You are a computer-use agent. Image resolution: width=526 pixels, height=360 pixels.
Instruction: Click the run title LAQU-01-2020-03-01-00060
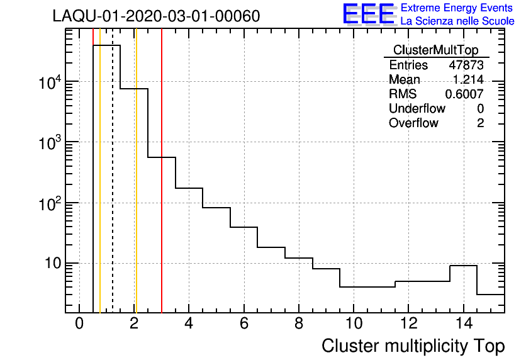[156, 16]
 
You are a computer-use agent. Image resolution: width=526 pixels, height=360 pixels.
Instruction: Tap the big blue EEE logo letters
[368, 14]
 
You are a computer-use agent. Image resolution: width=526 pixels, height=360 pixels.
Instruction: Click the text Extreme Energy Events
[457, 8]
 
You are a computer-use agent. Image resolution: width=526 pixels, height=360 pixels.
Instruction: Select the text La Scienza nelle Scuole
[457, 21]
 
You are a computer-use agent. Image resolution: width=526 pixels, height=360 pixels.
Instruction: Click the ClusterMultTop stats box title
[435, 50]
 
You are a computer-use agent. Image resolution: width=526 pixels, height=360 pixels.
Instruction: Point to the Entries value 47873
[466, 65]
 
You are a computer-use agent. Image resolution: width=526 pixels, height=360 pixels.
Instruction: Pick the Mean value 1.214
[468, 80]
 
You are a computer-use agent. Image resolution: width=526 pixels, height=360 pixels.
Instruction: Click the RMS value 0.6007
[464, 94]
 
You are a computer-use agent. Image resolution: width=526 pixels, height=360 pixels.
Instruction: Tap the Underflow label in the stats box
[417, 109]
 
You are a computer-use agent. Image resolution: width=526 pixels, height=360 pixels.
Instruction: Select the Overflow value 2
[480, 123]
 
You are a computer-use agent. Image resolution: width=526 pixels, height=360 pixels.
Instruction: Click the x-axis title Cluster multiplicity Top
[413, 346]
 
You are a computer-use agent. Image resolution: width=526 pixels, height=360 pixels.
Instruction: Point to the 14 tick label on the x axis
[463, 324]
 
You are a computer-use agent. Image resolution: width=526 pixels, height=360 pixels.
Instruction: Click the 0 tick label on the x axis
[79, 324]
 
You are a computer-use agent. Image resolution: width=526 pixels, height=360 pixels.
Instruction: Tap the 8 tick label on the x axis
[298, 324]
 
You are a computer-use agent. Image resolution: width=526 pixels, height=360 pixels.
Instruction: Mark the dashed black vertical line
[113, 189]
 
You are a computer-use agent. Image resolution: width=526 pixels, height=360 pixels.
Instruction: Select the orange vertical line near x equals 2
[135, 189]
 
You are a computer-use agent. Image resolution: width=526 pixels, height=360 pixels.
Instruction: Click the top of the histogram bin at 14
[463, 266]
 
